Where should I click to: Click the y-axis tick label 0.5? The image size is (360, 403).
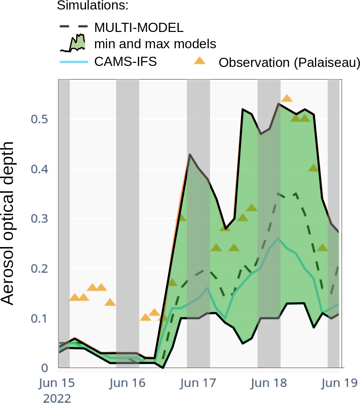point(39,119)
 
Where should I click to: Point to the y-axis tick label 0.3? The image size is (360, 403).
point(39,218)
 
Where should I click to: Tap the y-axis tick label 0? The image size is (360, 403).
point(45,368)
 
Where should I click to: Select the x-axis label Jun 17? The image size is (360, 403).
point(198,383)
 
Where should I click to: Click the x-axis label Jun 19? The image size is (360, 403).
point(339,383)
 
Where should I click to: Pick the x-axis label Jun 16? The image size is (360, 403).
point(127,383)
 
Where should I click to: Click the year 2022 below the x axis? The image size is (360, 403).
point(57,398)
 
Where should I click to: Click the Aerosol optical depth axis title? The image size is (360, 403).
point(7,223)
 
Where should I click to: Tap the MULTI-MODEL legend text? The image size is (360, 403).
point(139,28)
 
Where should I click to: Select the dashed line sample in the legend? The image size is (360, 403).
point(73,26)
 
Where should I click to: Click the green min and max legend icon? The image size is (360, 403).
point(73,43)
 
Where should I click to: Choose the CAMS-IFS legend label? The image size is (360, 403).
point(125,62)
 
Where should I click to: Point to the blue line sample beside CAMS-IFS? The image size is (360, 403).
point(74,62)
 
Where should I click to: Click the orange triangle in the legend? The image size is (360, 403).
point(200,61)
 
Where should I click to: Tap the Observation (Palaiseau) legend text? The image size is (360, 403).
point(289,63)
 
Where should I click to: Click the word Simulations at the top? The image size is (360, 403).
point(92,5)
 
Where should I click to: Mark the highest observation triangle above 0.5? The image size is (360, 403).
point(287,98)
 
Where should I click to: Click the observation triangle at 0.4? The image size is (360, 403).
point(313,168)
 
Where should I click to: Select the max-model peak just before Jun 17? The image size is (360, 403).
point(189,155)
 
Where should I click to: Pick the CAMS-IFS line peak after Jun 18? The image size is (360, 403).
point(278,238)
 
